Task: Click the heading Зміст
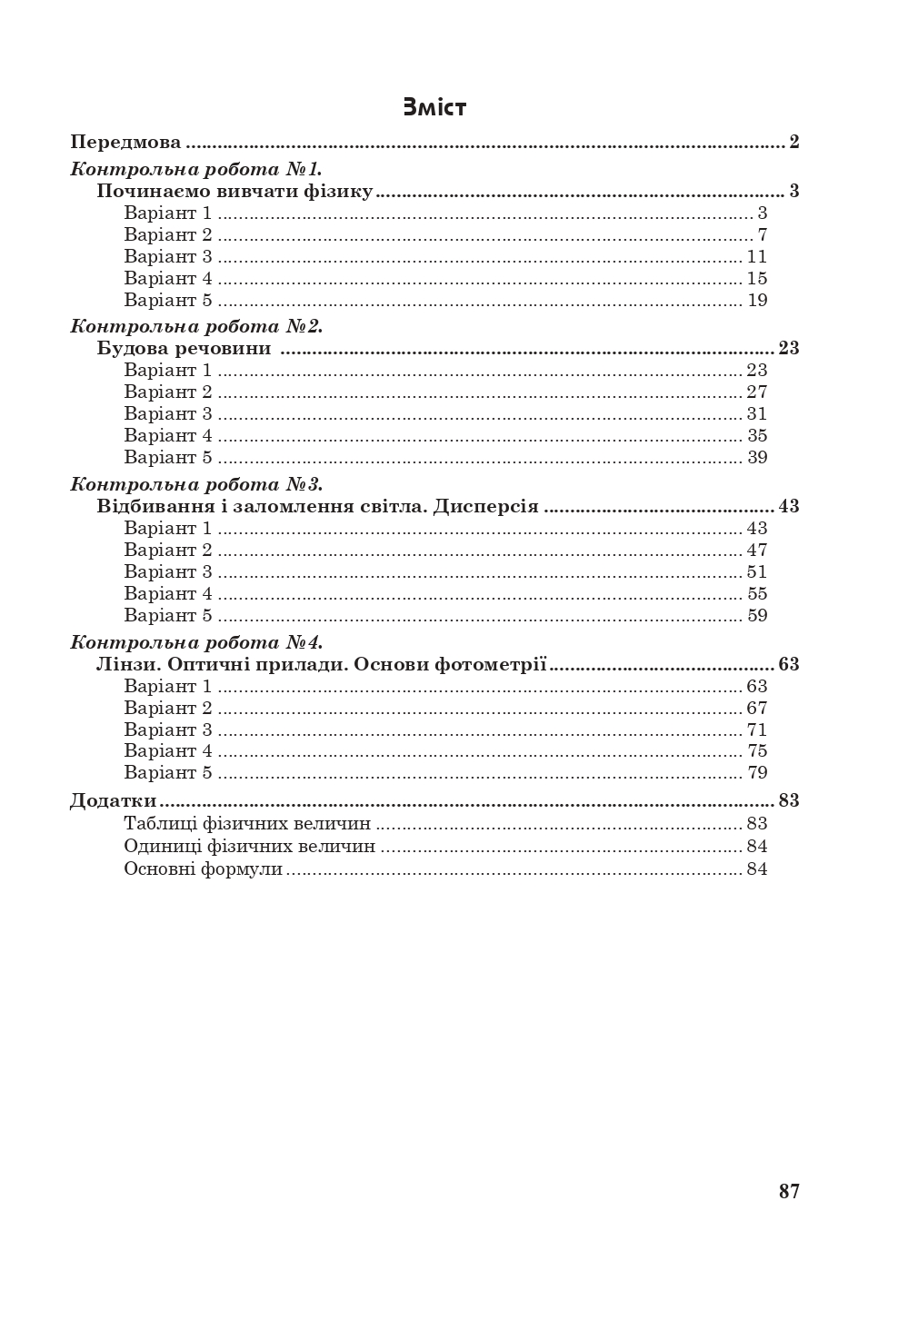pyautogui.click(x=434, y=107)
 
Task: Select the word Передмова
pyautogui.click(x=125, y=143)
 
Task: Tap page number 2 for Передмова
pyautogui.click(x=793, y=143)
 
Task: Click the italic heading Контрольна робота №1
pyautogui.click(x=196, y=169)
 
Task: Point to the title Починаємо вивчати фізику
pyautogui.click(x=234, y=192)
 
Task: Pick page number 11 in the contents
pyautogui.click(x=757, y=257)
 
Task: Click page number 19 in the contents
pyautogui.click(x=757, y=301)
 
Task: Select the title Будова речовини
pyautogui.click(x=184, y=349)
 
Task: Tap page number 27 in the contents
pyautogui.click(x=757, y=392)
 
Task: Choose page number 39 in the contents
pyautogui.click(x=757, y=458)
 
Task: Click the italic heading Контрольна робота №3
pyautogui.click(x=196, y=484)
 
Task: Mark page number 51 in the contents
pyautogui.click(x=757, y=572)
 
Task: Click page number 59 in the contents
pyautogui.click(x=757, y=616)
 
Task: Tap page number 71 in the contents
pyautogui.click(x=757, y=730)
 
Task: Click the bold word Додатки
pyautogui.click(x=114, y=801)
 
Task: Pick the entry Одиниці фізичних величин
pyautogui.click(x=249, y=847)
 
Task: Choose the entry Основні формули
pyautogui.click(x=204, y=869)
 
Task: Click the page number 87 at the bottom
pyautogui.click(x=789, y=1192)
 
